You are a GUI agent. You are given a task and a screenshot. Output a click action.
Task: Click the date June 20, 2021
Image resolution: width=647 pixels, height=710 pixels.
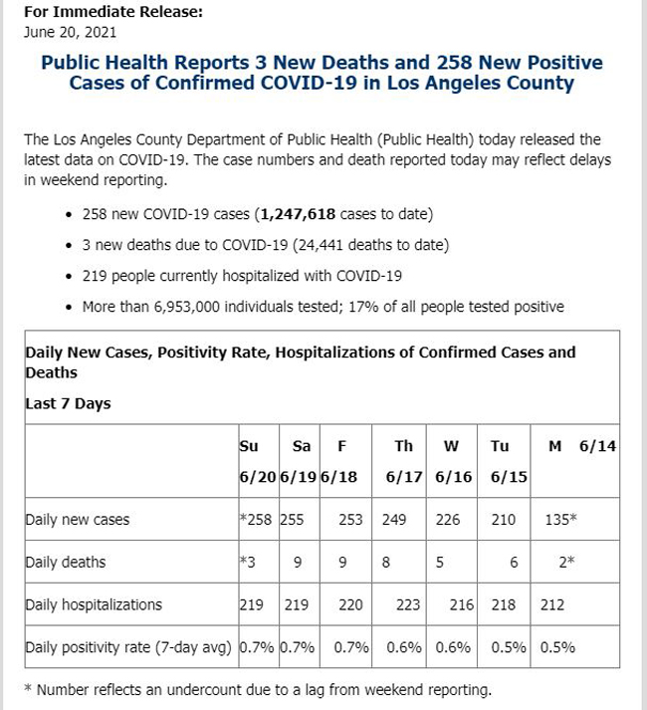[x=71, y=33]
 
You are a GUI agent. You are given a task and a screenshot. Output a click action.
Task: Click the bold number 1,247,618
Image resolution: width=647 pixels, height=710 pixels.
[x=298, y=214]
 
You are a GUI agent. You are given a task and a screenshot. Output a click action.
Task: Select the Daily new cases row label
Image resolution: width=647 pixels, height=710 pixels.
[x=78, y=520]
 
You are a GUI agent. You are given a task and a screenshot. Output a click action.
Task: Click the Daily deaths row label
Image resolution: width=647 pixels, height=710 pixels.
[x=66, y=562]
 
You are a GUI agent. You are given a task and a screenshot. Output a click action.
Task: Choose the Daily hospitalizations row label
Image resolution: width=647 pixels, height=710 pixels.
[x=94, y=605]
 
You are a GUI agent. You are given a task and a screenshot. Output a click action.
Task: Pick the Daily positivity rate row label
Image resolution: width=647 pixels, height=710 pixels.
[x=128, y=647]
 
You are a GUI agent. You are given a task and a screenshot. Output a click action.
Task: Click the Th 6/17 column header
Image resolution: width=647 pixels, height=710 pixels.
[x=404, y=461]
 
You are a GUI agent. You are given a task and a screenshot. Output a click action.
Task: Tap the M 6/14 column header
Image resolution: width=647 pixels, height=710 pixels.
[x=582, y=446]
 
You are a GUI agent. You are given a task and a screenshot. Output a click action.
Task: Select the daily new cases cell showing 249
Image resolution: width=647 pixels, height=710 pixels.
[x=394, y=520]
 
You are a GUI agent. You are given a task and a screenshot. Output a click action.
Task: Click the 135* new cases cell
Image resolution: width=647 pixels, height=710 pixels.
[x=561, y=520]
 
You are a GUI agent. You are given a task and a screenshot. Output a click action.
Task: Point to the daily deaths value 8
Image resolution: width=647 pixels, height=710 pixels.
[x=386, y=563]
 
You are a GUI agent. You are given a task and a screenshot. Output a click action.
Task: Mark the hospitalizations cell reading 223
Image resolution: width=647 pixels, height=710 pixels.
[x=408, y=605]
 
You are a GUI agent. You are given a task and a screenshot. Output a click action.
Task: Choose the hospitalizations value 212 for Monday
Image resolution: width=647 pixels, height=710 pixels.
[x=552, y=605]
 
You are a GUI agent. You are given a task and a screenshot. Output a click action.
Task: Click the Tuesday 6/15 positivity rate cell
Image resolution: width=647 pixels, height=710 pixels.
[x=509, y=647]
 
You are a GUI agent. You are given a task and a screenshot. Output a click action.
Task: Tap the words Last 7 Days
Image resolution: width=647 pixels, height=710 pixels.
[x=68, y=403]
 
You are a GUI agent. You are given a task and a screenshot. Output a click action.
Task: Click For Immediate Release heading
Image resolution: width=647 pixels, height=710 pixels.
[x=113, y=12]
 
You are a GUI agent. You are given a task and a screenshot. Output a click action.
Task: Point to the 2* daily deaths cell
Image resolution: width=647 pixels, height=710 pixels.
[x=566, y=562]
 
